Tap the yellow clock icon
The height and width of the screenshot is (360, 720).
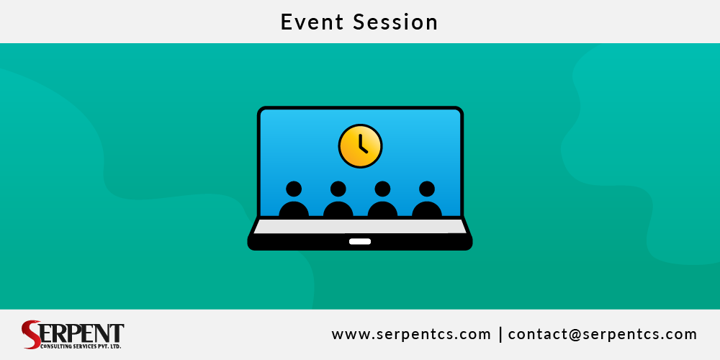click(x=360, y=146)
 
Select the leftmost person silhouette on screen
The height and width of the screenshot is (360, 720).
click(x=294, y=202)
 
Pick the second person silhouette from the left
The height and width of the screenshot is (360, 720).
click(x=338, y=202)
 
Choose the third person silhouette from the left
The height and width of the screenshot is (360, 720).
click(x=382, y=202)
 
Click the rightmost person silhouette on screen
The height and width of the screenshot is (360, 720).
click(x=427, y=202)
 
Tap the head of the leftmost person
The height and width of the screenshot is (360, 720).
click(x=294, y=189)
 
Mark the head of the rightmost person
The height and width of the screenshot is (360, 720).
click(x=427, y=189)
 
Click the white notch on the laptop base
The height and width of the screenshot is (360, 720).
click(x=360, y=241)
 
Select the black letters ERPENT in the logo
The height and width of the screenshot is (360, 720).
click(x=83, y=333)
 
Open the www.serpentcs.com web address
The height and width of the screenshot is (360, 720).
click(x=411, y=334)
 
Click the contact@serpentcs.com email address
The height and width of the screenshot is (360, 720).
click(x=603, y=334)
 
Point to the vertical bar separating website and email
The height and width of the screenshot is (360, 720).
click(x=500, y=334)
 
